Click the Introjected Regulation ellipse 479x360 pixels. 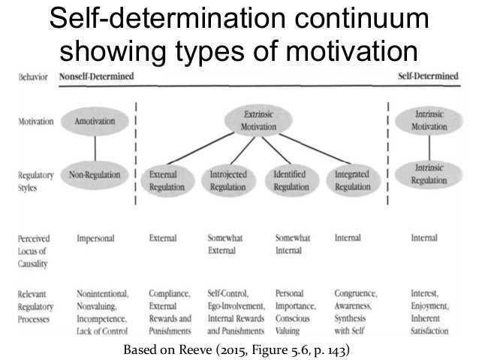point(230,180)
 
